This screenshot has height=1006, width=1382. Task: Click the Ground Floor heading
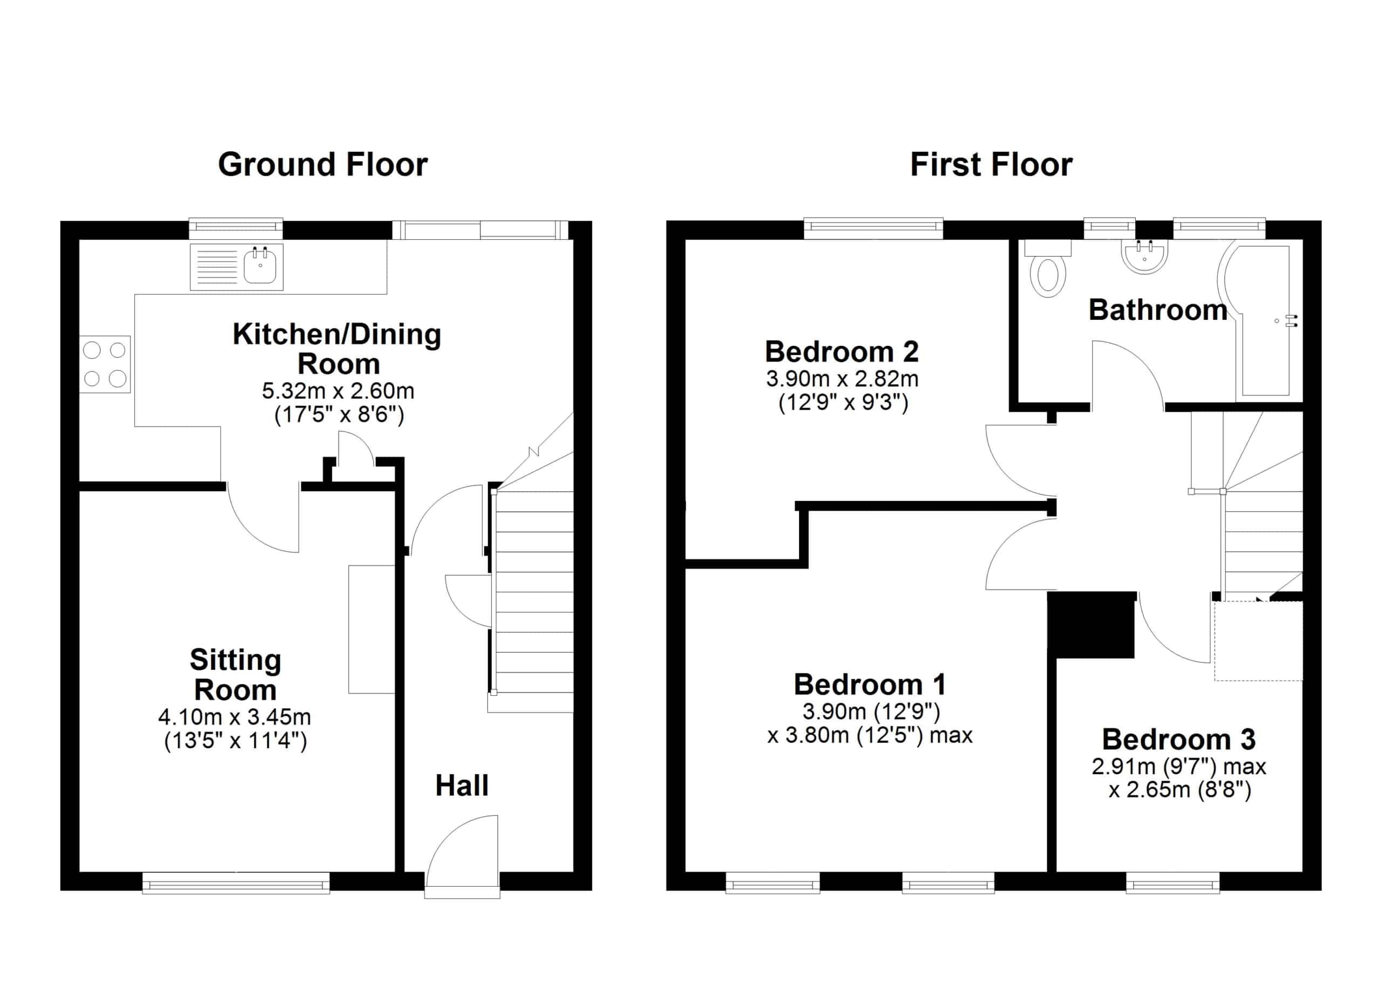coord(323,165)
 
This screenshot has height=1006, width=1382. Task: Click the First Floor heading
coord(991,165)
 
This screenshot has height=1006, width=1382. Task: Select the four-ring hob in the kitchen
coord(105,364)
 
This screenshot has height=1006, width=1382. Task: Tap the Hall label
coord(462,785)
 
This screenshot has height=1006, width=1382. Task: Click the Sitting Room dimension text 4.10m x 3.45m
coord(235,717)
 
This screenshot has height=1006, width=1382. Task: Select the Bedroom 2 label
coord(842,352)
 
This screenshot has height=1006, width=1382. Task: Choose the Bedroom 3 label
coord(1178,740)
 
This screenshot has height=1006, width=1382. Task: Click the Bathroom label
coord(1158,310)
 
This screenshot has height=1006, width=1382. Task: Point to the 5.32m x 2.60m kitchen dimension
coord(338,390)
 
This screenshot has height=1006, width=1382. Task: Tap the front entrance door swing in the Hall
coord(462,850)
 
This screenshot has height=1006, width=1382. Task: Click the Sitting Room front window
coord(236,882)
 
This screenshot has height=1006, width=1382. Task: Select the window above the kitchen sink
coord(236,229)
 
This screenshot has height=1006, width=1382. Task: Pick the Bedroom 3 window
coord(1173,882)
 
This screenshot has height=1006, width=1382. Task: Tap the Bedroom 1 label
coord(870,685)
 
